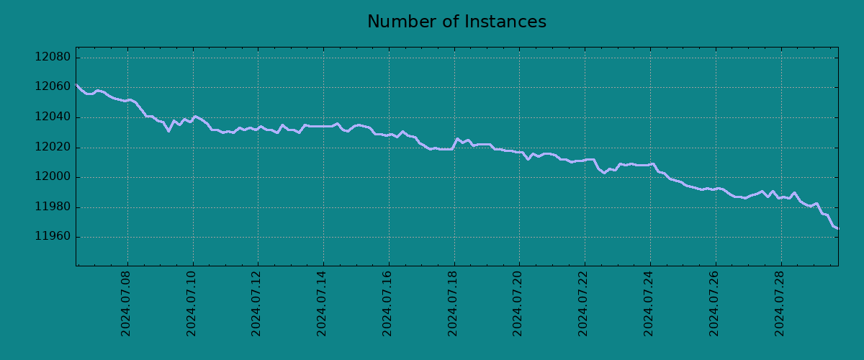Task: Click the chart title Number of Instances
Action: click(x=456, y=22)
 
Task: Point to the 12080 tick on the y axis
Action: click(x=53, y=58)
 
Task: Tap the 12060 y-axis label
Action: click(x=53, y=87)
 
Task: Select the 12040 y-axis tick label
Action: click(x=53, y=117)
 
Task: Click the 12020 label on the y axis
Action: click(x=53, y=148)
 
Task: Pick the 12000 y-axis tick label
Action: click(x=53, y=177)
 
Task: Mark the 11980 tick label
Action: click(x=53, y=207)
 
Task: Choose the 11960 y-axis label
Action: click(x=53, y=237)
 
